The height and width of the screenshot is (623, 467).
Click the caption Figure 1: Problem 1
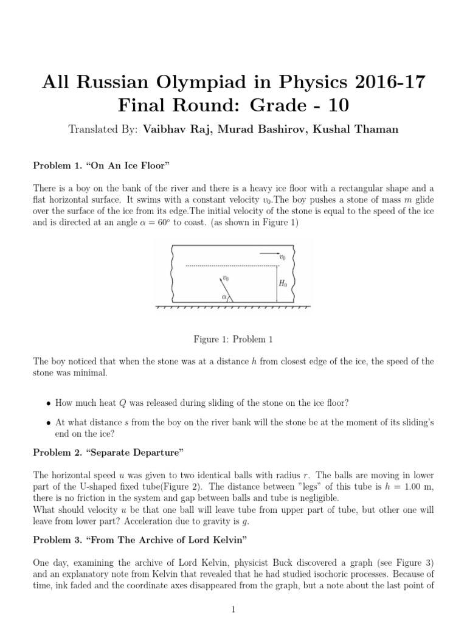pyautogui.click(x=233, y=339)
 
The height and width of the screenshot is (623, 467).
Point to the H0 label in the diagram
pyautogui.click(x=283, y=284)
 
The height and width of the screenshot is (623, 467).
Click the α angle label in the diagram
pyautogui.click(x=224, y=298)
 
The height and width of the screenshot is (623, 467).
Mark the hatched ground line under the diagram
pyautogui.click(x=233, y=307)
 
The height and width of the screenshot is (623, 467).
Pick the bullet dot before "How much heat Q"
pyautogui.click(x=49, y=403)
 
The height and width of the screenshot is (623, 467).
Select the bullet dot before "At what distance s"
pyautogui.click(x=49, y=422)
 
